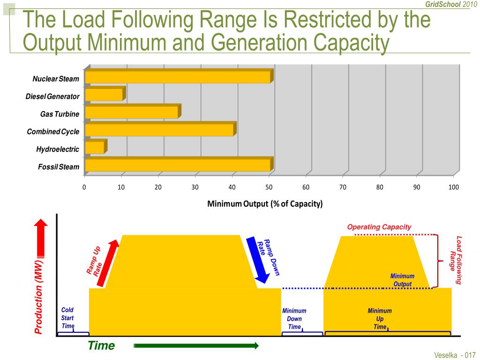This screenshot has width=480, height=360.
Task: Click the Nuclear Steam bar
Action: [178, 77]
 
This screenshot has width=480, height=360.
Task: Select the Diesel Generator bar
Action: [104, 95]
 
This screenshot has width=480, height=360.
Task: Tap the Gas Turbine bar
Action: [132, 112]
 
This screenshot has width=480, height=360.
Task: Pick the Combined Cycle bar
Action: [159, 129]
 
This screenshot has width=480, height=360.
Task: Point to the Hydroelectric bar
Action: [95, 147]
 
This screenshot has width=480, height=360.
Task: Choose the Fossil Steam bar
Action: [178, 165]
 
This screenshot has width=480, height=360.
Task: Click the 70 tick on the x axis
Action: [343, 187]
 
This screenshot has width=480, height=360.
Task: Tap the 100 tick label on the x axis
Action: [453, 187]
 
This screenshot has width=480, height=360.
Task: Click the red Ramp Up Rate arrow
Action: [106, 263]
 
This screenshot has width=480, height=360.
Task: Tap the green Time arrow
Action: [196, 346]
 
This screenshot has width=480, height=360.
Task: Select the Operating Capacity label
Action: [379, 227]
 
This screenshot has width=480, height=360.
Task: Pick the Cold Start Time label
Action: [68, 318]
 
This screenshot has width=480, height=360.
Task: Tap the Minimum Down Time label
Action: [294, 319]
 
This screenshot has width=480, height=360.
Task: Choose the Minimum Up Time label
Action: [380, 319]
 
